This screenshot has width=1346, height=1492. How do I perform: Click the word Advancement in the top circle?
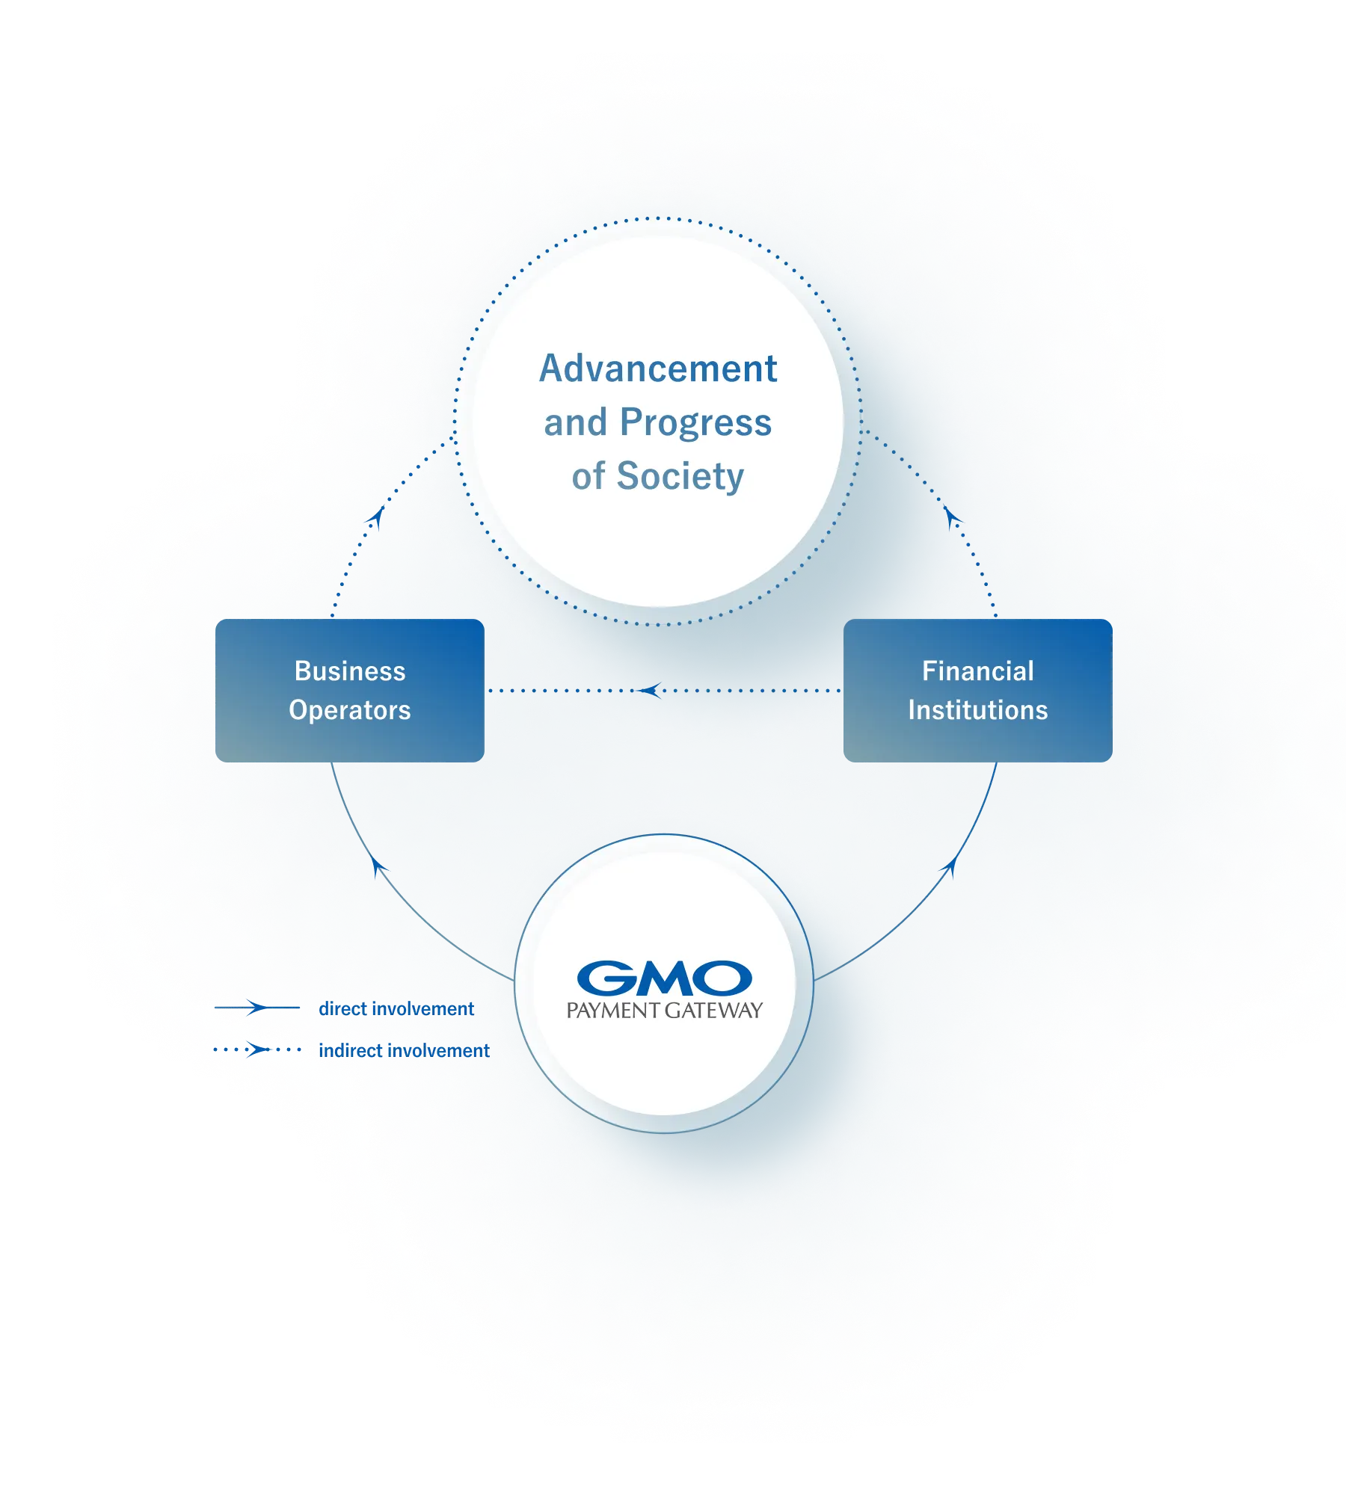click(658, 369)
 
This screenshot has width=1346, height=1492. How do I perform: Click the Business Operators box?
click(350, 691)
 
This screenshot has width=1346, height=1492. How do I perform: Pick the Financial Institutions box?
click(978, 691)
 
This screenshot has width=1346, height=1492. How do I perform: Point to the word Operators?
click(350, 711)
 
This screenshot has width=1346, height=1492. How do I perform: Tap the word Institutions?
click(978, 710)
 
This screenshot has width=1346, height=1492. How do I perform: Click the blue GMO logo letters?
click(665, 978)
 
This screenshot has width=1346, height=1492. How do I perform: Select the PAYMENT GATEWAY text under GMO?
click(665, 1011)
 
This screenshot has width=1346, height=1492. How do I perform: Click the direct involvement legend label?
click(396, 1009)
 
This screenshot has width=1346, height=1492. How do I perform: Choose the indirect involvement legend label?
click(405, 1051)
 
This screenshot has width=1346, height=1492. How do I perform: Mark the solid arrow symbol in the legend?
click(257, 1008)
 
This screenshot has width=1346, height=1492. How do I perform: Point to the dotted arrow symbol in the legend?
click(257, 1049)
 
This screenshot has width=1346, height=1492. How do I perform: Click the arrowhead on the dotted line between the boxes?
click(651, 691)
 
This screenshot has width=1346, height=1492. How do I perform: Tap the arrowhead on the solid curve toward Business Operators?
click(379, 867)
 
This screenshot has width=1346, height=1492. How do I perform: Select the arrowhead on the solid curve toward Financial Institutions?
click(949, 867)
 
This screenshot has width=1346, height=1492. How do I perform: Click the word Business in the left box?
click(350, 671)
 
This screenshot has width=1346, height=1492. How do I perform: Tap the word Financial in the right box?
click(978, 671)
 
